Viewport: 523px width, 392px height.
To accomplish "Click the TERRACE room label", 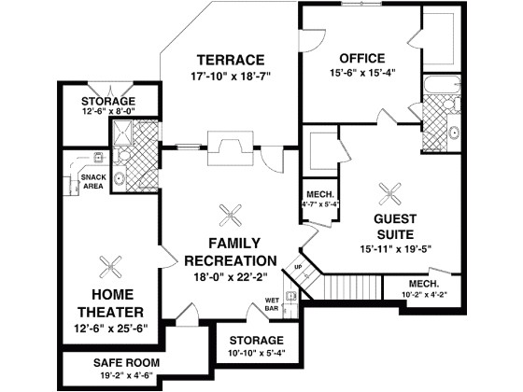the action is click(231, 60).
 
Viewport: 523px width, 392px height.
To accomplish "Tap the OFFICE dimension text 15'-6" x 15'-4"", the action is click(362, 73).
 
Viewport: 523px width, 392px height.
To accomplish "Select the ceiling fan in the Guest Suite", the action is click(390, 194).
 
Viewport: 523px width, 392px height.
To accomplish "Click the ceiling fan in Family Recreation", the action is click(230, 216).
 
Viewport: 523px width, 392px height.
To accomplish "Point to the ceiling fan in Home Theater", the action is click(110, 267).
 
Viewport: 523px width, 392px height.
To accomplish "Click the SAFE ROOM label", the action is click(126, 363).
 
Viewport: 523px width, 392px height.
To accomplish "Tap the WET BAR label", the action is click(272, 304).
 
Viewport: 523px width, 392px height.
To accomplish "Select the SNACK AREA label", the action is click(93, 182).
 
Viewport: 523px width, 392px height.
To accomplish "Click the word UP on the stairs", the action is click(298, 267).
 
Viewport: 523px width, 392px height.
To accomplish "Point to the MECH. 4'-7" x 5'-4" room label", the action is click(319, 200).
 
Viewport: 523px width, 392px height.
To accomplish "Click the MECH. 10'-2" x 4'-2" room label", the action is click(424, 288).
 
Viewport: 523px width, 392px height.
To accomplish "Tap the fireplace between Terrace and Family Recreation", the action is click(230, 148).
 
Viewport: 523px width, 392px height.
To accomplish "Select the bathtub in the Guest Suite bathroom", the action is click(442, 85).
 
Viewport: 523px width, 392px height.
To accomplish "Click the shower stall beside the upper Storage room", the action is click(122, 133).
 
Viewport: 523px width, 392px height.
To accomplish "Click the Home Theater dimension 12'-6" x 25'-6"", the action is click(111, 329).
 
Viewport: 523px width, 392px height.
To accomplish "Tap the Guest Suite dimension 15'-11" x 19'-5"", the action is click(396, 249).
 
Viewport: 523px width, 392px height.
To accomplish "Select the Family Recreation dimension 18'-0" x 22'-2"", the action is click(231, 276).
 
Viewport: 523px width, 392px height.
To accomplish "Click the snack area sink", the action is click(98, 157).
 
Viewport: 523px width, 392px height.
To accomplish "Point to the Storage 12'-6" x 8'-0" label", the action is click(108, 105).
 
